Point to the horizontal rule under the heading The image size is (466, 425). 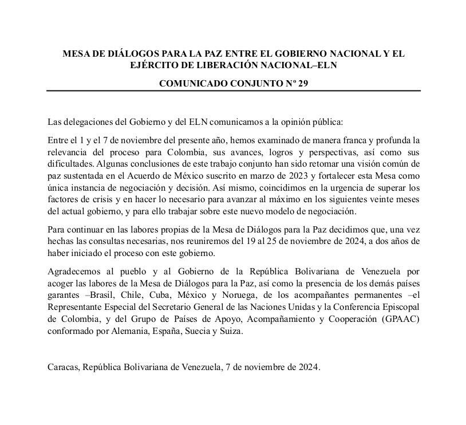[x=233, y=91]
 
